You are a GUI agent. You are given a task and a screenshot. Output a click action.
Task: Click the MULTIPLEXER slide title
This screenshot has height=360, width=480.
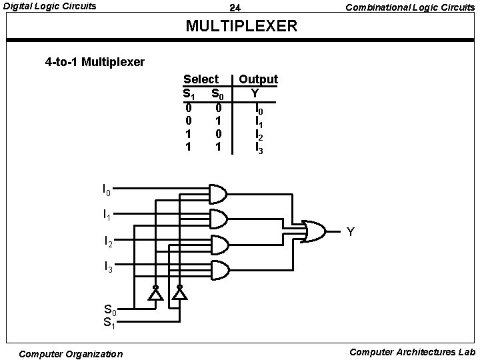click(x=241, y=27)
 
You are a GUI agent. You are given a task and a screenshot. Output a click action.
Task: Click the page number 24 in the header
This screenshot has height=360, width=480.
click(x=235, y=8)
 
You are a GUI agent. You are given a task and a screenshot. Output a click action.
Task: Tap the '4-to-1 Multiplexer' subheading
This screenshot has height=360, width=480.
click(x=95, y=63)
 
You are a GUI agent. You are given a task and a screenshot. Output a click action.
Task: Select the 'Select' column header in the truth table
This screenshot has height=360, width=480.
click(x=201, y=79)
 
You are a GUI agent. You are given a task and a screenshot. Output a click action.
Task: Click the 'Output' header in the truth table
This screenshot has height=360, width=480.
click(x=258, y=79)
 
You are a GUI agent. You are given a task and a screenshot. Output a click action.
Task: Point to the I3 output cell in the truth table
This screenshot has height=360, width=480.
click(x=259, y=147)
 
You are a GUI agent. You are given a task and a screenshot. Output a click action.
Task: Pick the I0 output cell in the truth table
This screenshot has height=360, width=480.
click(x=259, y=107)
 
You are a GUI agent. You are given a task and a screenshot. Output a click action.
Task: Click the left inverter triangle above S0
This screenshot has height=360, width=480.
click(x=155, y=294)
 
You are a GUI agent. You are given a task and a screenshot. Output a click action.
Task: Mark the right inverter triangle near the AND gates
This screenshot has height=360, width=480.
click(x=179, y=294)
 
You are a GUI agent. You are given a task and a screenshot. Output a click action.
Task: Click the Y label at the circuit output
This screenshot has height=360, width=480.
click(x=351, y=232)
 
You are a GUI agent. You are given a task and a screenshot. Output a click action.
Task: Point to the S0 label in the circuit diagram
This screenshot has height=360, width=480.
click(x=110, y=309)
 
